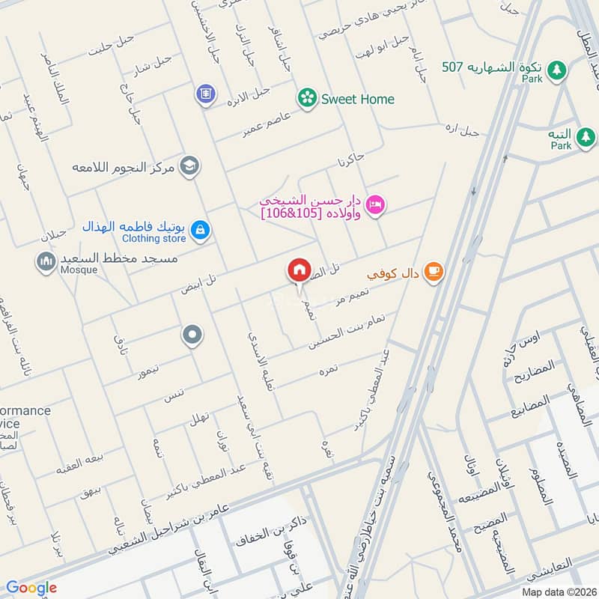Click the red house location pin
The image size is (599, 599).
point(299,270)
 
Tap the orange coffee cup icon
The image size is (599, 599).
point(433,273)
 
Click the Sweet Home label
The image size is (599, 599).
point(357,99)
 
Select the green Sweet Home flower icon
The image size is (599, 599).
point(305,97)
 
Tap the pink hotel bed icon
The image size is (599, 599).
point(376,204)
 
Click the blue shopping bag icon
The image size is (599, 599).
point(199,231)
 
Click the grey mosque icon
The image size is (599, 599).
point(46,261)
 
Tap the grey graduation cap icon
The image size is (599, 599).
point(190,165)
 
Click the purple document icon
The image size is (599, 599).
point(203,95)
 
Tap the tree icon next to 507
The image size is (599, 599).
point(556,70)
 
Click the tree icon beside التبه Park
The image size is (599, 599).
point(586,137)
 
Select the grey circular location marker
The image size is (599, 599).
point(192,335)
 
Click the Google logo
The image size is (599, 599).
point(31,588)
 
